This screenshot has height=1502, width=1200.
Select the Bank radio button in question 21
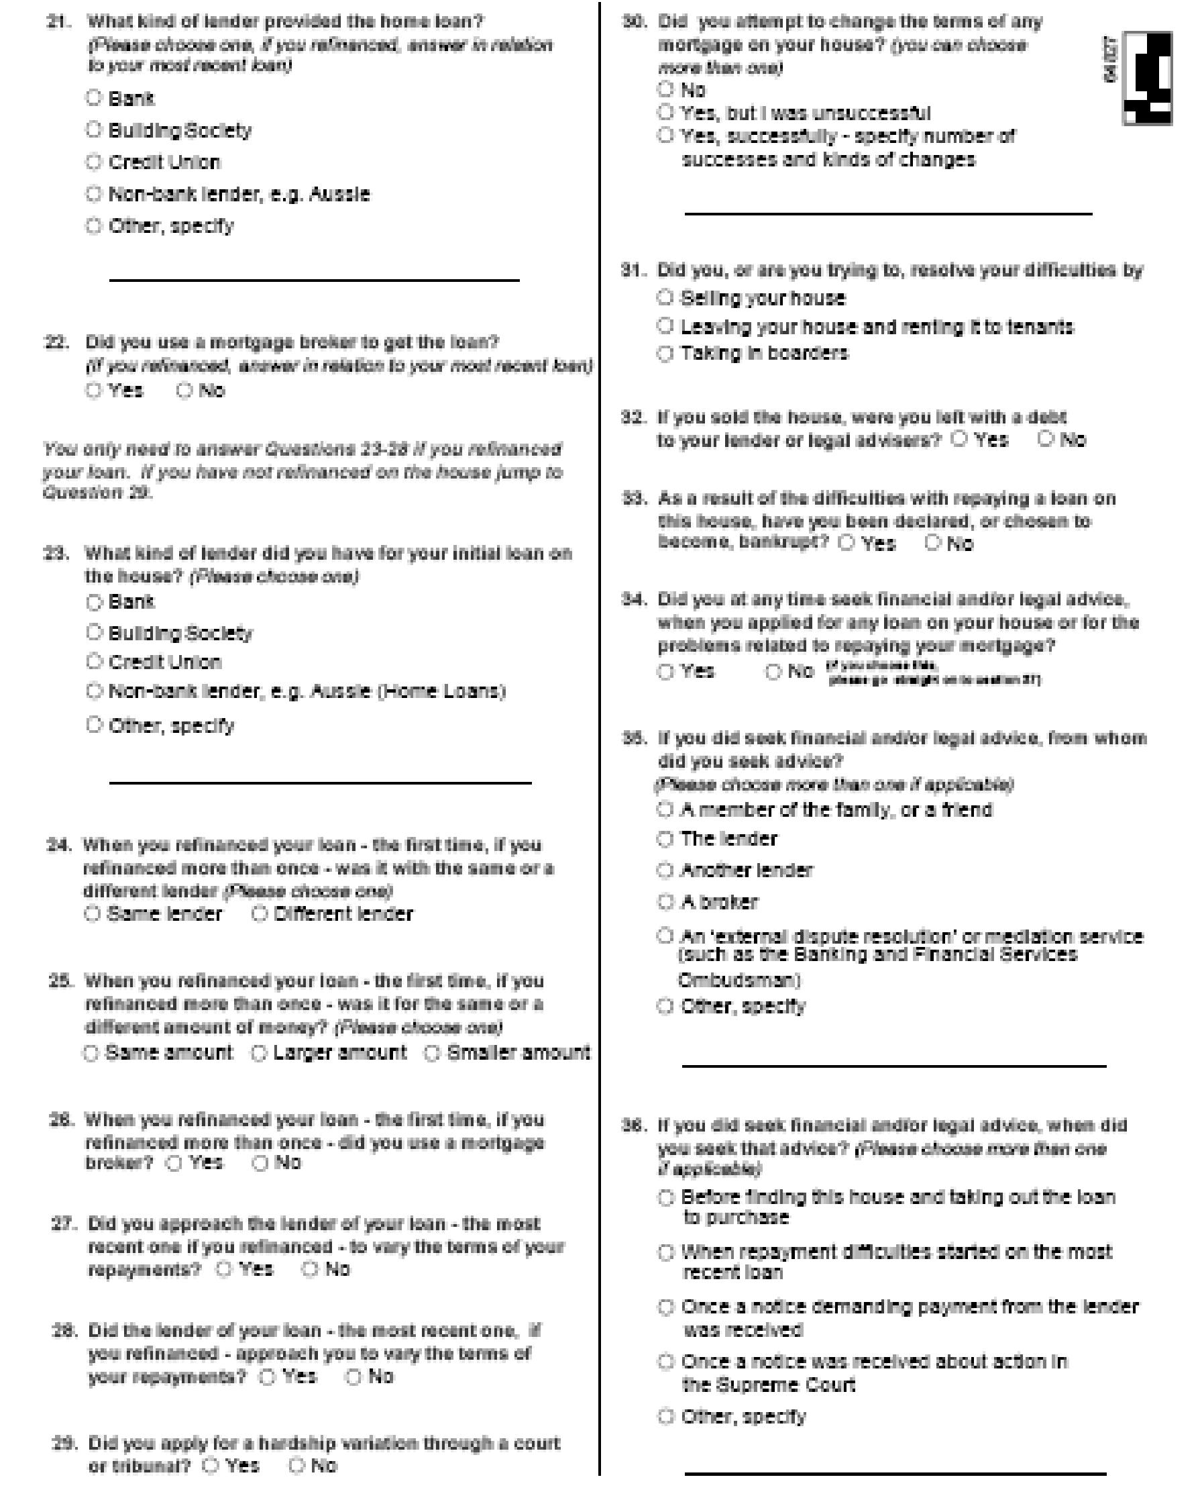(x=94, y=97)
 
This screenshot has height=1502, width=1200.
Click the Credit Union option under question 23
(x=94, y=660)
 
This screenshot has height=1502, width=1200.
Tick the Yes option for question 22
(x=94, y=390)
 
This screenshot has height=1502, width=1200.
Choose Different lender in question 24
(x=259, y=913)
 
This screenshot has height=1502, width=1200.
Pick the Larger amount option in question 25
(x=258, y=1052)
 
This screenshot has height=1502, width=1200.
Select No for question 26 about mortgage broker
(x=260, y=1162)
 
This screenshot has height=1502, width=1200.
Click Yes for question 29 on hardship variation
(x=211, y=1466)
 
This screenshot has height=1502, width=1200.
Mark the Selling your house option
(x=665, y=297)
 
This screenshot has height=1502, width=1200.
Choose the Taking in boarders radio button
(x=665, y=353)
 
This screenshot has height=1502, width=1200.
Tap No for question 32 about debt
(x=1044, y=438)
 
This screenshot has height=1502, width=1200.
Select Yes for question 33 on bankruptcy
(x=847, y=543)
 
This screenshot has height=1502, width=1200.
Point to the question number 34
(x=635, y=599)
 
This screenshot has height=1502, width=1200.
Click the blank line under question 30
(x=888, y=213)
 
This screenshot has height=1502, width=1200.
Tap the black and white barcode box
(x=1146, y=78)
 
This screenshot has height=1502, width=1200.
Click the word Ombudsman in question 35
(x=739, y=981)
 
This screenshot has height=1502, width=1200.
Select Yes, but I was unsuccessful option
(x=665, y=112)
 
